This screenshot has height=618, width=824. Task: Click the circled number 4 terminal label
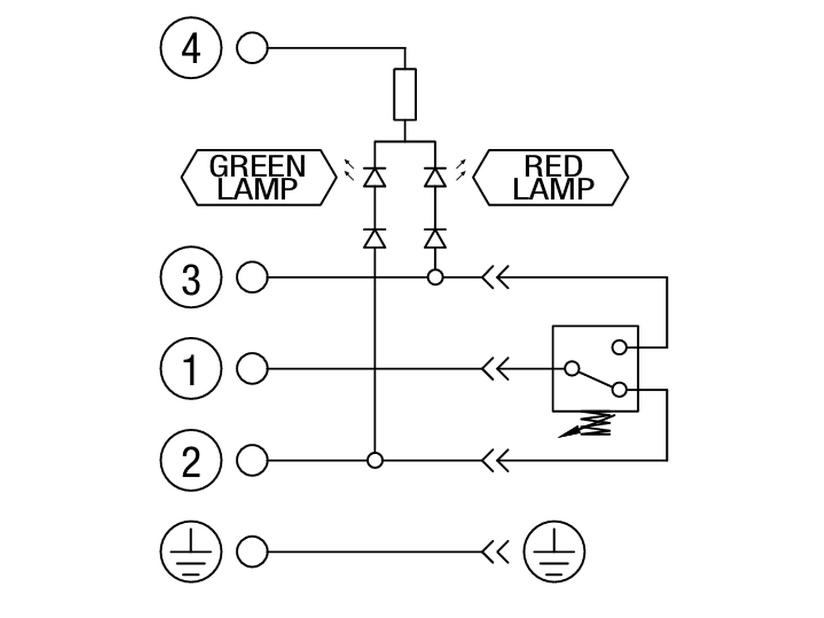pyautogui.click(x=191, y=48)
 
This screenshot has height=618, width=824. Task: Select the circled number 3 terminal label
pyautogui.click(x=191, y=277)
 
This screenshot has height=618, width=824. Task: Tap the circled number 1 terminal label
pyautogui.click(x=191, y=369)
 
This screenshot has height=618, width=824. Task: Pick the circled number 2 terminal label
pyautogui.click(x=191, y=460)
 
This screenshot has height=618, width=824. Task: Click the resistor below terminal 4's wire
pyautogui.click(x=405, y=95)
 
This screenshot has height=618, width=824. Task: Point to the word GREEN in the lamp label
pyautogui.click(x=257, y=166)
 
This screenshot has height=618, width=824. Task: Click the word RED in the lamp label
pyautogui.click(x=553, y=166)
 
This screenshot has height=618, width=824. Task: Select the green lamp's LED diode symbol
pyautogui.click(x=374, y=177)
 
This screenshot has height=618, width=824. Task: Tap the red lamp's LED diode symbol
pyautogui.click(x=435, y=177)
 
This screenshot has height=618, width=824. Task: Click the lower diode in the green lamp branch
pyautogui.click(x=374, y=238)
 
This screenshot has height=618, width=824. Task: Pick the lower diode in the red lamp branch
pyautogui.click(x=435, y=238)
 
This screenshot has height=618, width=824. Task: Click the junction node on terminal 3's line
pyautogui.click(x=435, y=278)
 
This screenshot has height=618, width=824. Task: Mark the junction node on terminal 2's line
pyautogui.click(x=374, y=460)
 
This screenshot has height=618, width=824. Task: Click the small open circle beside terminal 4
pyautogui.click(x=252, y=48)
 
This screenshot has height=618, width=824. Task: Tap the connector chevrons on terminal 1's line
pyautogui.click(x=495, y=369)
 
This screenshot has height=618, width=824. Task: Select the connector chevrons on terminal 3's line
pyautogui.click(x=495, y=278)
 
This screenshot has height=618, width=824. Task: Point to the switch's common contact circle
pyautogui.click(x=572, y=369)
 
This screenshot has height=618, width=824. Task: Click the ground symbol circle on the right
pyautogui.click(x=554, y=552)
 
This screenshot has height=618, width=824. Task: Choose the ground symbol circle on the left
pyautogui.click(x=191, y=552)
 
